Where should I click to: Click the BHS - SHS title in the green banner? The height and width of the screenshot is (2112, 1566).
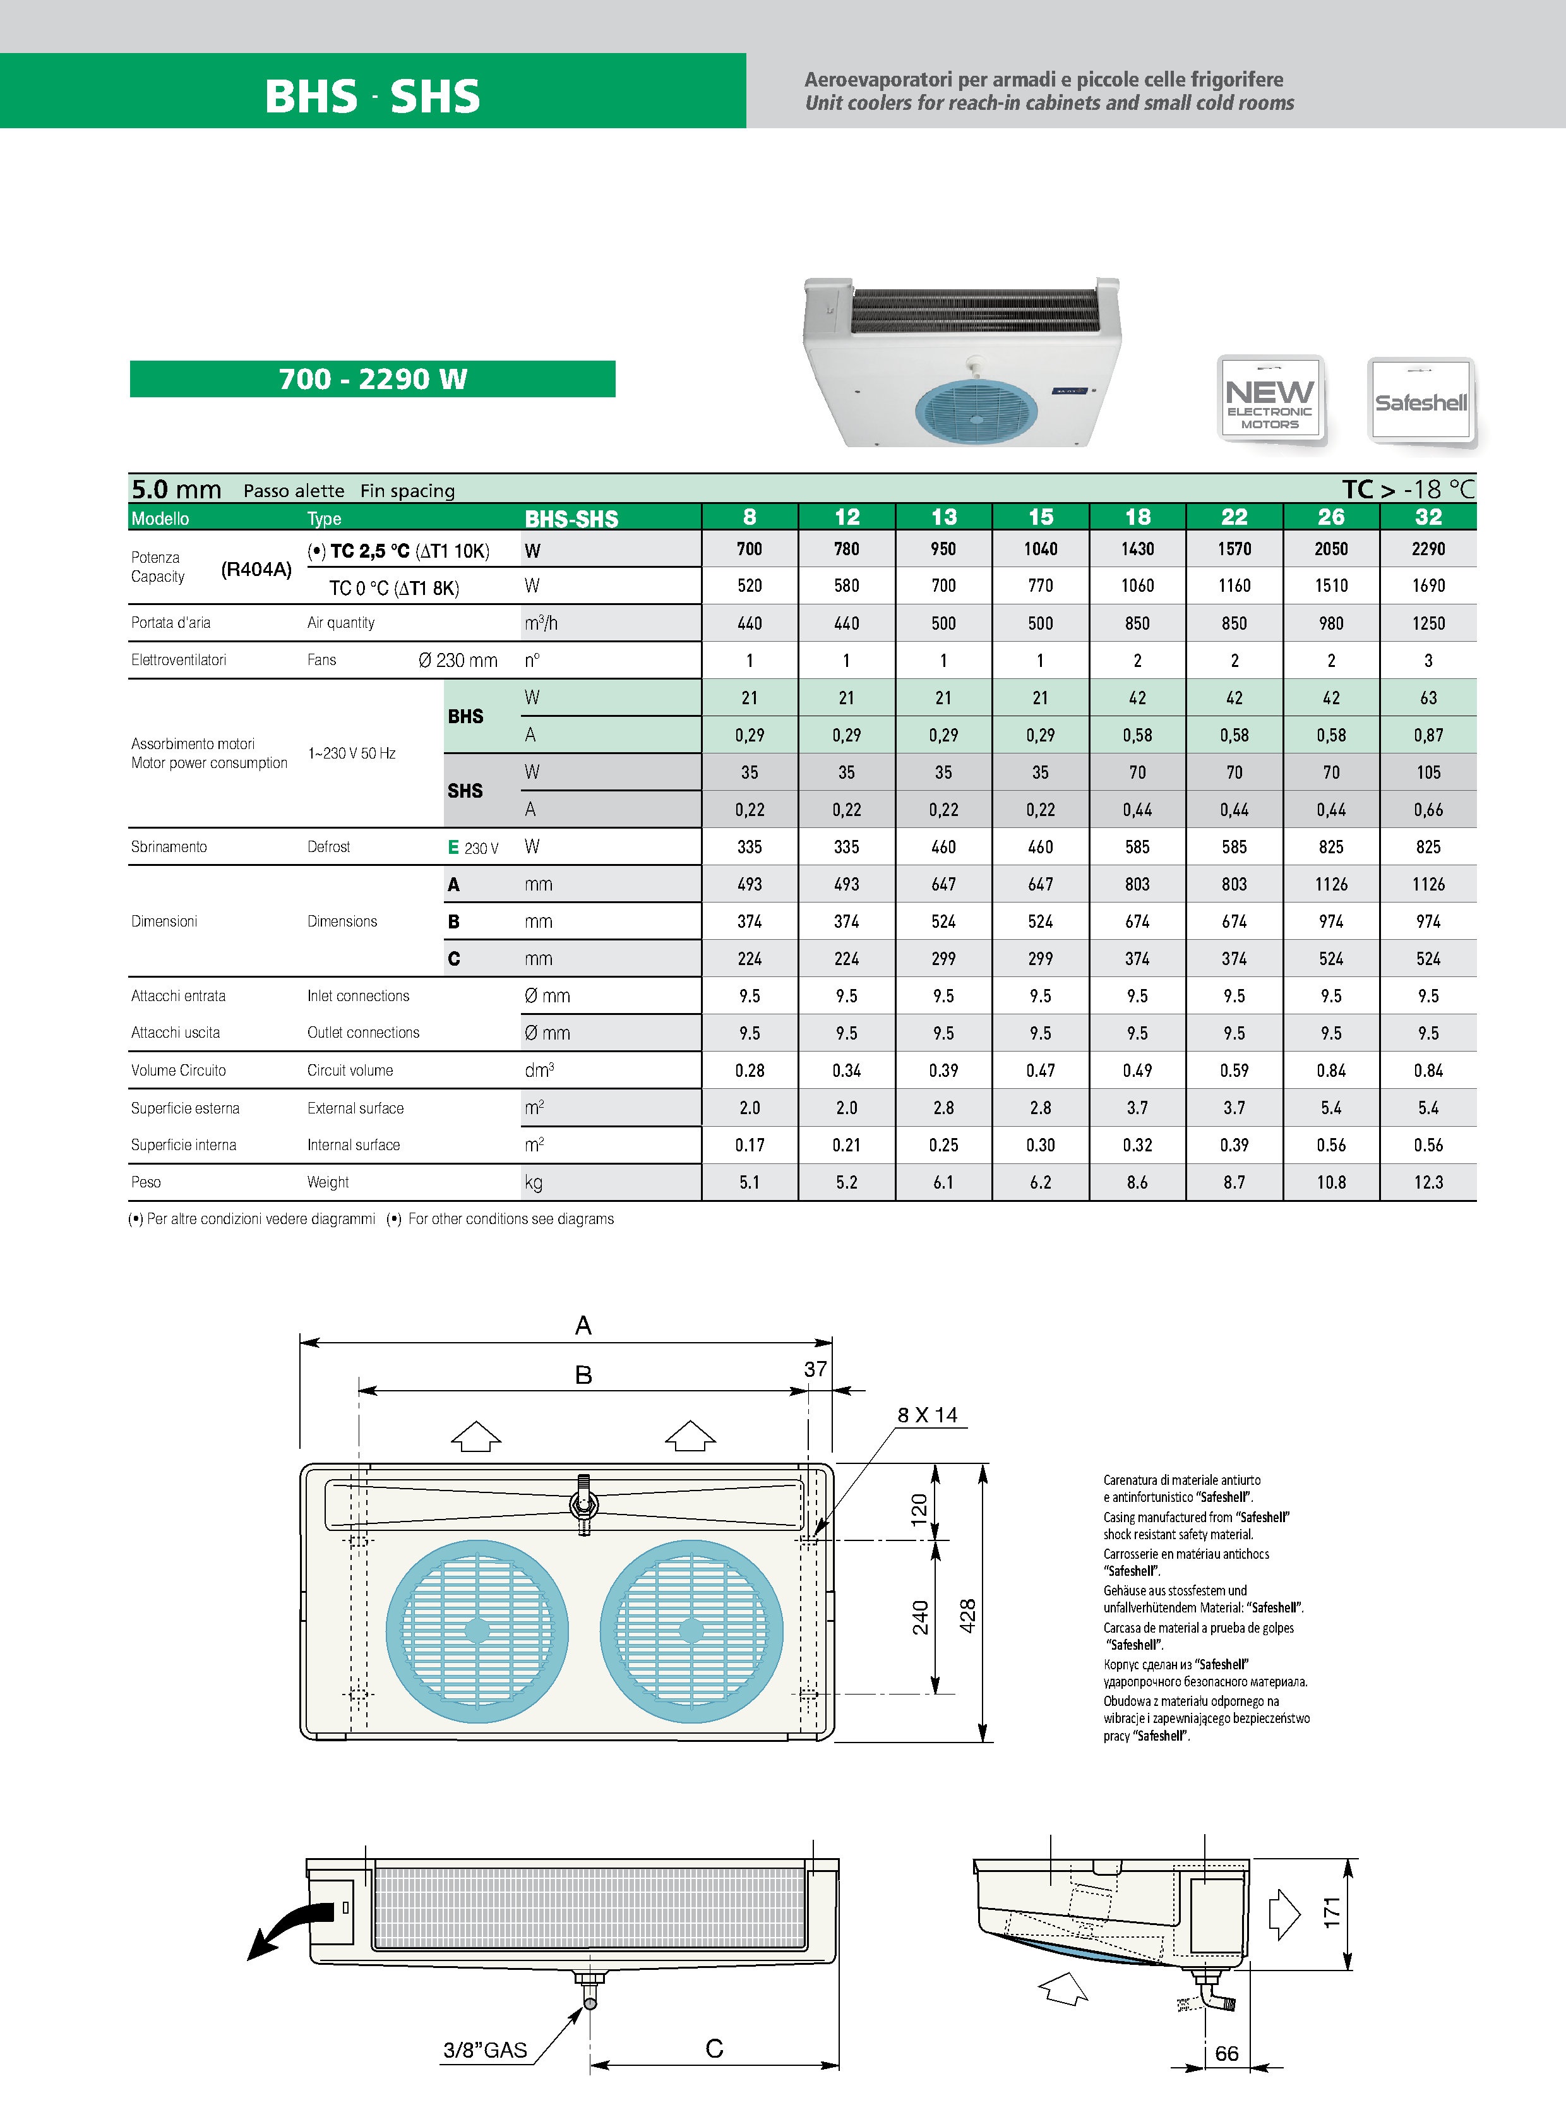(373, 96)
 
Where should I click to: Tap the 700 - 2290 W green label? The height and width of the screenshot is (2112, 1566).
(373, 379)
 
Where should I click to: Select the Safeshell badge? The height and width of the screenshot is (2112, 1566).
(1421, 401)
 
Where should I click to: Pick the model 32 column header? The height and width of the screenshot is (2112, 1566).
(1428, 517)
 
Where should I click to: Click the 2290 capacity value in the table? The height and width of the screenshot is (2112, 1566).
(1428, 549)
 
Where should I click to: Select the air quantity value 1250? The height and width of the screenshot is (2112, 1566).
(1428, 623)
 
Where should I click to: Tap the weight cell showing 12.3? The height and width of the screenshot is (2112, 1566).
(1428, 1182)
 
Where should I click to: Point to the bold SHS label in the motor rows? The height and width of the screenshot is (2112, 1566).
(465, 791)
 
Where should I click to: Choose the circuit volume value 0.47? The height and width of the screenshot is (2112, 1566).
(1040, 1071)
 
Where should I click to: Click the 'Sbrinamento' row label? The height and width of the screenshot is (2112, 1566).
(169, 846)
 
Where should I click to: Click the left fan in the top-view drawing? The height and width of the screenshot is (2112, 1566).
(477, 1631)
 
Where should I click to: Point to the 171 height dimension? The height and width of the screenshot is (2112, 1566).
(1332, 1912)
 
